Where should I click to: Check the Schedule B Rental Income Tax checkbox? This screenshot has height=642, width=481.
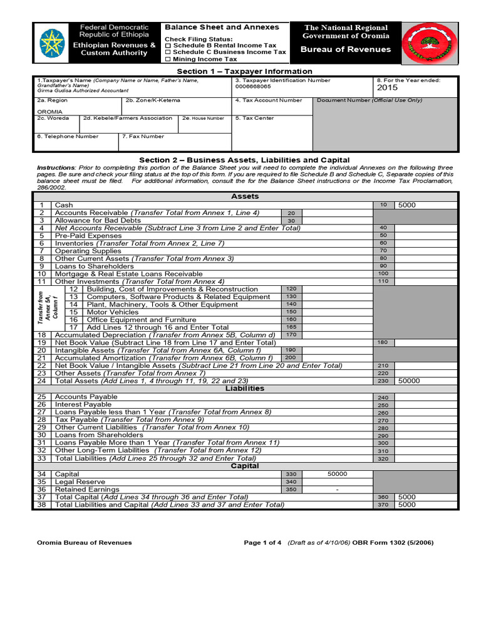point(167,46)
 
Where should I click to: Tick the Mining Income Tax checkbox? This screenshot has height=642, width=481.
point(167,59)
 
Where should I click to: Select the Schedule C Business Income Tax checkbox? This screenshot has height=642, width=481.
point(167,53)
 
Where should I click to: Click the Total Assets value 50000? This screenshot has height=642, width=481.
point(409,381)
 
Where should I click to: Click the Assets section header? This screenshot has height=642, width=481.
point(245,196)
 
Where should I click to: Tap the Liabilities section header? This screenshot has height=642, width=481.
point(245,389)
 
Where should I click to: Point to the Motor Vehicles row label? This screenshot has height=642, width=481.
point(113,312)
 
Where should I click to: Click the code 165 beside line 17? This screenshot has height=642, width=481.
point(291,327)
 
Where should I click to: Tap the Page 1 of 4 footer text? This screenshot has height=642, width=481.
point(263,543)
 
